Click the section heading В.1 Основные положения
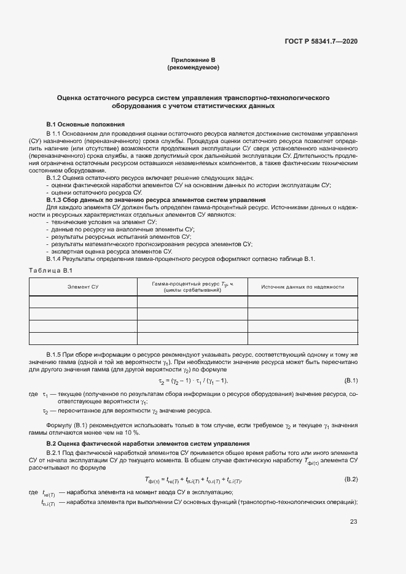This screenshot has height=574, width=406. point(85,124)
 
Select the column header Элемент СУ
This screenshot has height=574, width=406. point(83,287)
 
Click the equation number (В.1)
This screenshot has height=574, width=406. point(351,381)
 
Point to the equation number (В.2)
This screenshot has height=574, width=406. point(351,479)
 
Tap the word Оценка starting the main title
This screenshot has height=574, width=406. point(72,98)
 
